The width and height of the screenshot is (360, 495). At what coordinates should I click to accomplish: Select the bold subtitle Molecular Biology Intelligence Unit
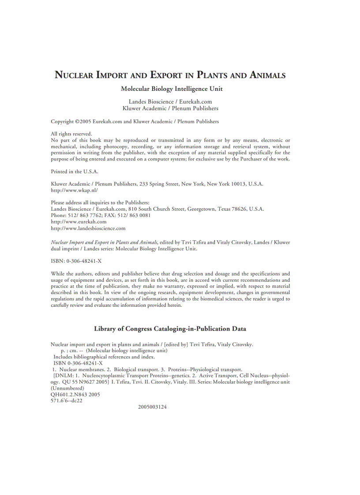coord(172,89)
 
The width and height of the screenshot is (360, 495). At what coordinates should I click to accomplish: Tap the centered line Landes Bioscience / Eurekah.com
coord(170,101)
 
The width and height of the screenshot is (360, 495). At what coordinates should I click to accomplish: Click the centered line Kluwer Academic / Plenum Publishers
coord(170,108)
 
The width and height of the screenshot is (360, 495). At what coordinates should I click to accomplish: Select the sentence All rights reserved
coord(71,134)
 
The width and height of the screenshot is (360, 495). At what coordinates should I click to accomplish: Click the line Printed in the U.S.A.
coord(75,171)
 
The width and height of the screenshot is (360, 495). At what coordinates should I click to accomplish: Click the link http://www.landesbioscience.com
coord(88,228)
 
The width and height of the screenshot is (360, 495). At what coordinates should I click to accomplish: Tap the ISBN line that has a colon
coord(76,261)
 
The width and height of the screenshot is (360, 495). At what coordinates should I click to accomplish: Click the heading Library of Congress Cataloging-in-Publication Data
coord(170,329)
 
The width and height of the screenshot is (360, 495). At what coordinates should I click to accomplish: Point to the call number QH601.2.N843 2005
coord(75,395)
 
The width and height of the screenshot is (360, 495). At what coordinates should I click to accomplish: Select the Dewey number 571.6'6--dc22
coord(67,401)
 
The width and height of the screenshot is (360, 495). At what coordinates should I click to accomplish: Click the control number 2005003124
coord(152,407)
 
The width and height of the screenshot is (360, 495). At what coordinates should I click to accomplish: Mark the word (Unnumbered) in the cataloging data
coord(67,388)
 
